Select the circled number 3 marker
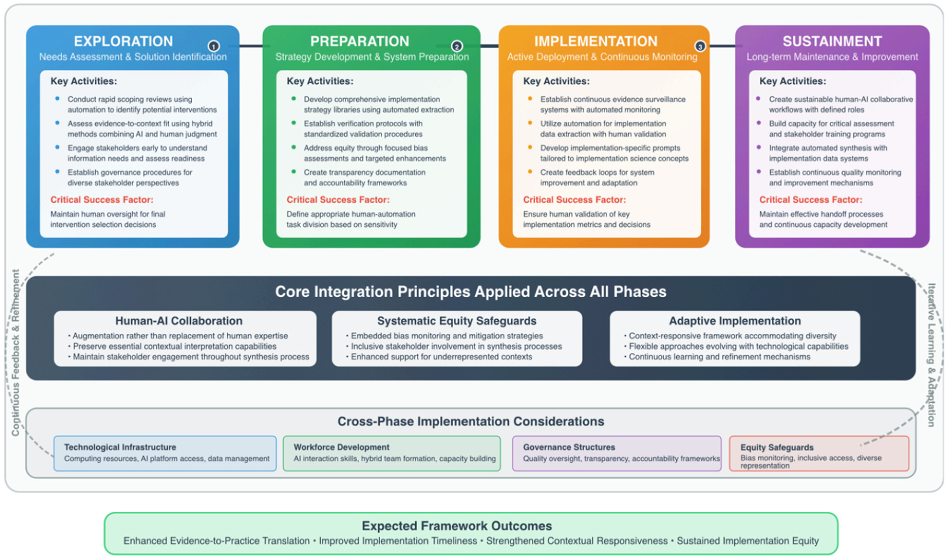pos(700,46)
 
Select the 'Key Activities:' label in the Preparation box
pos(320,81)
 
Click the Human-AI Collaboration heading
pos(179,321)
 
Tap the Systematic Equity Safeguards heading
pos(457,321)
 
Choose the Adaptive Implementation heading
pos(735,321)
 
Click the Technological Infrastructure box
pos(165,453)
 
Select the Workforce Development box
pos(391,453)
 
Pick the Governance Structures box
pos(617,453)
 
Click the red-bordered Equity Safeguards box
pos(819,453)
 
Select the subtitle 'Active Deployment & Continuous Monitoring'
pos(602,57)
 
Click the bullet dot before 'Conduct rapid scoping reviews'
pos(57,98)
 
